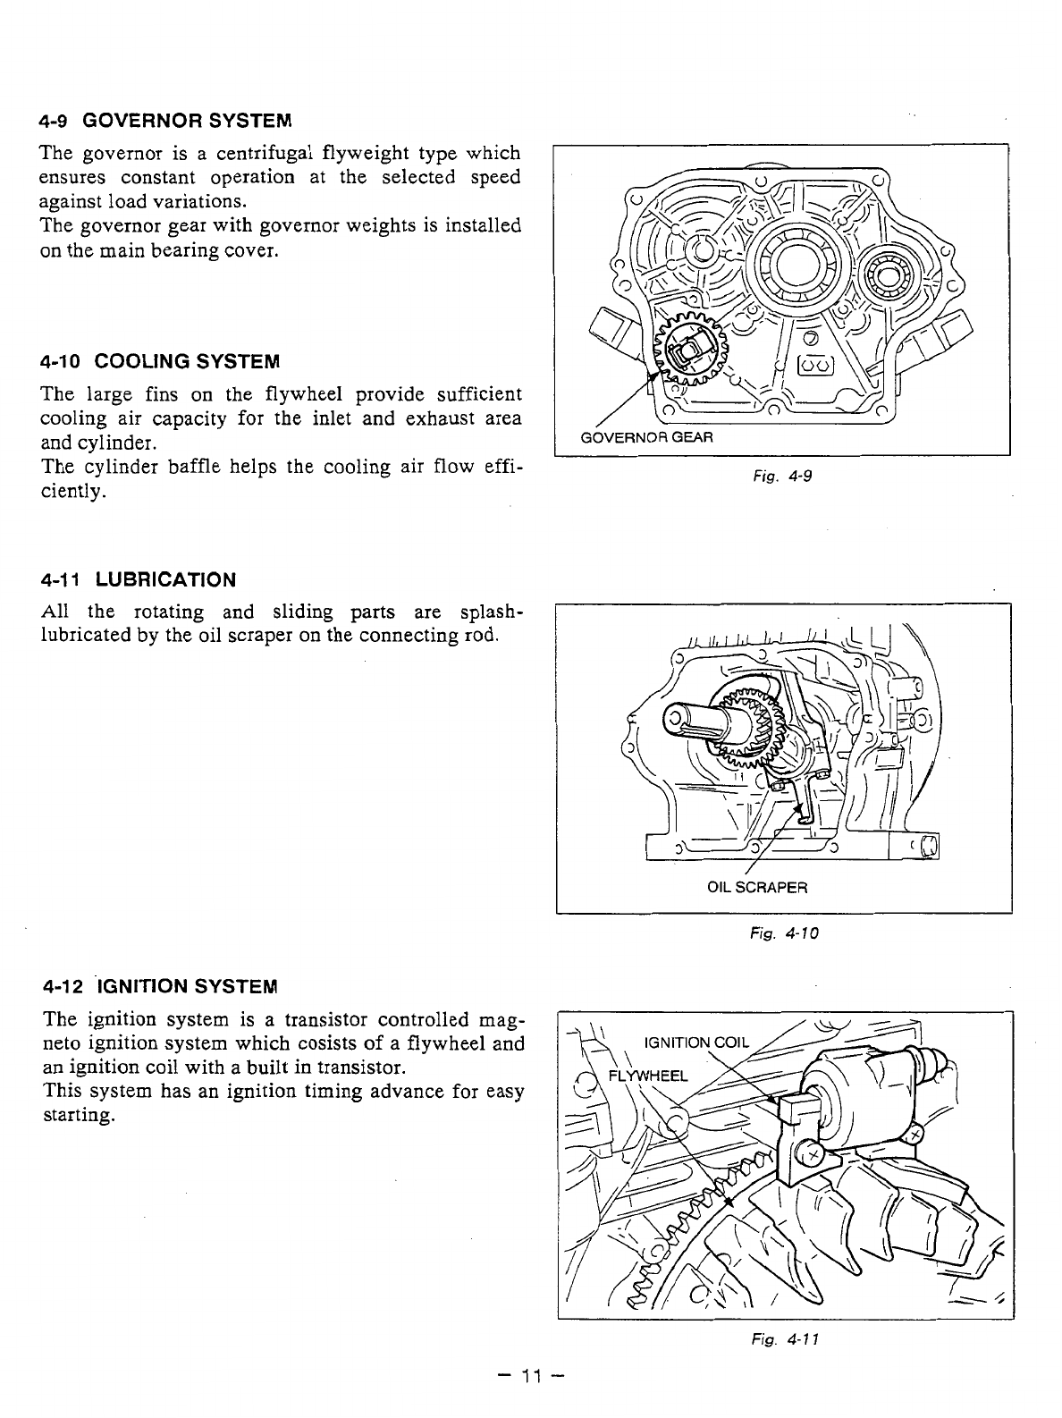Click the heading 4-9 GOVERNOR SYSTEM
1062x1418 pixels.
(165, 120)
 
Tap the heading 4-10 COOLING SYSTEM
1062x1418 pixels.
(160, 361)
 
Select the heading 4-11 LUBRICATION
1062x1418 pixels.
(139, 579)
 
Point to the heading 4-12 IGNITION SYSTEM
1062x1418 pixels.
(160, 987)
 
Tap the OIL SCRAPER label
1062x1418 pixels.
(756, 888)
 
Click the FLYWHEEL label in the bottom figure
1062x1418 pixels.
(648, 1075)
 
